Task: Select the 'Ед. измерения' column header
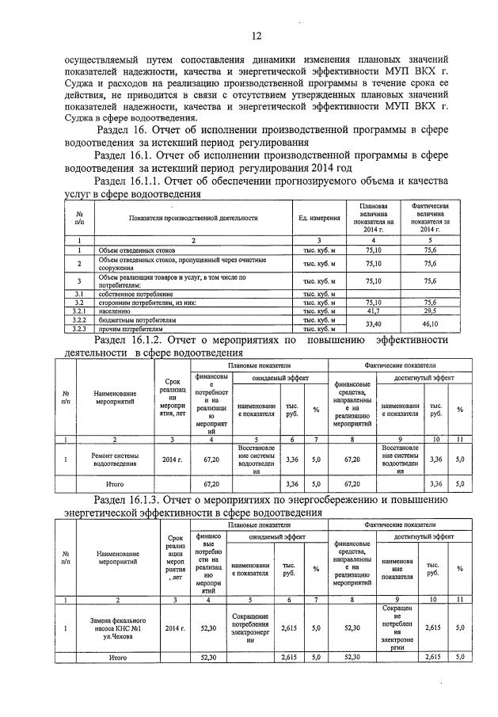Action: (319, 217)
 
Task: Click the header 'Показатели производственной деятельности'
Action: (190, 217)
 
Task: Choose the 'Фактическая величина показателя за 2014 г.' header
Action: (430, 216)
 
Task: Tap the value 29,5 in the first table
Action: (430, 311)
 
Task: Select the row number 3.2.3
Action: (79, 328)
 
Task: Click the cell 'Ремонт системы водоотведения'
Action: (116, 459)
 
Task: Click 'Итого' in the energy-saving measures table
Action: (116, 657)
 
